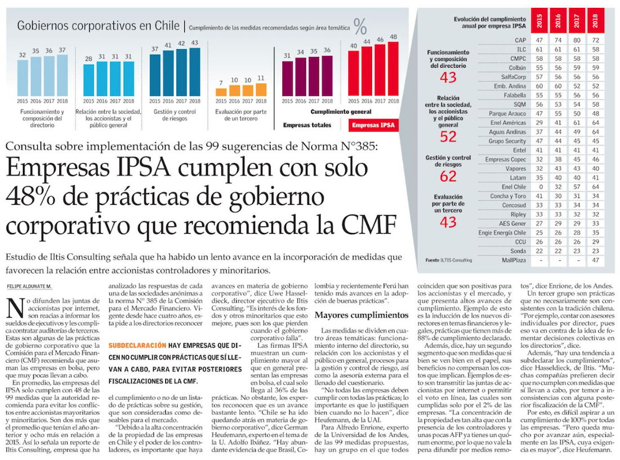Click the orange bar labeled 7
(x=222, y=91)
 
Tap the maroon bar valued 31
(x=287, y=78)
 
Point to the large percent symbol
(x=360, y=26)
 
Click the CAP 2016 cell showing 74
(x=557, y=41)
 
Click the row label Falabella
(x=515, y=96)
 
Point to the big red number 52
(x=448, y=136)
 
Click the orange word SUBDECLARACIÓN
(x=138, y=345)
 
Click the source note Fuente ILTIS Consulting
(x=449, y=260)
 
